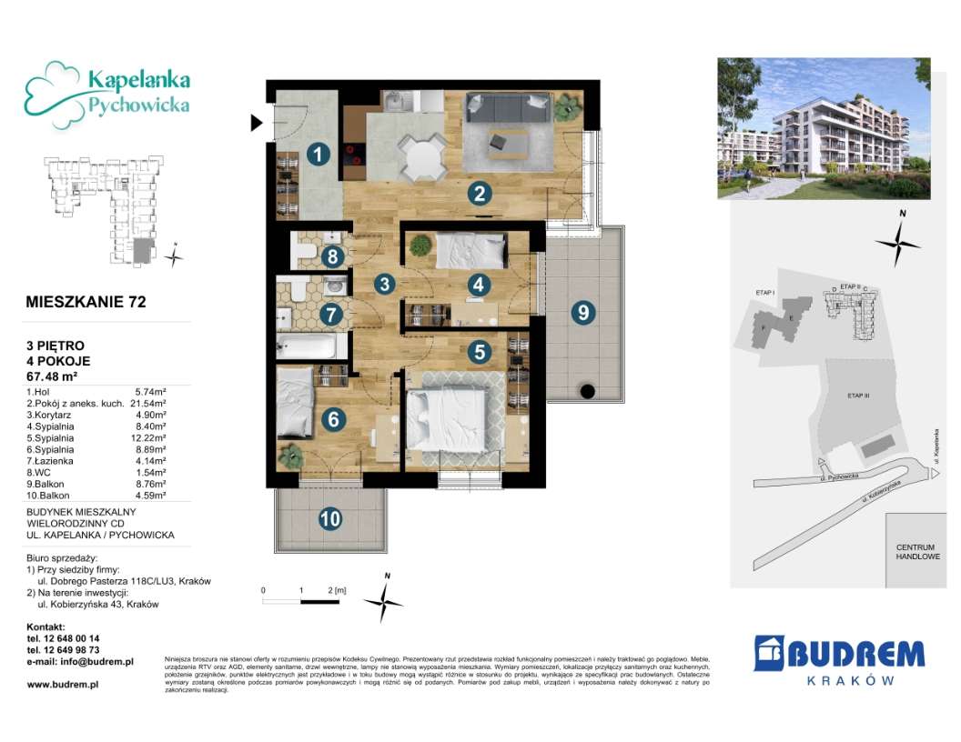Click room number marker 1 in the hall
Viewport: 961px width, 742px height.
pos(317,155)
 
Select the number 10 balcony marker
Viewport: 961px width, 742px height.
pos(330,519)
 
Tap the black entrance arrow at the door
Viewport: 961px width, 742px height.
pos(258,122)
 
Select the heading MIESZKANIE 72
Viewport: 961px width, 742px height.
pos(86,302)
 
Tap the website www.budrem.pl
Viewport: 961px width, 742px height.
pos(63,684)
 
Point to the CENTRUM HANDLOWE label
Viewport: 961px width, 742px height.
pos(916,551)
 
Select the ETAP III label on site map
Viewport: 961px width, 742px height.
pos(858,396)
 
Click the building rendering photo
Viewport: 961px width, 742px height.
pos(824,128)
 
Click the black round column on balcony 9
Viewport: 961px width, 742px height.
pos(587,392)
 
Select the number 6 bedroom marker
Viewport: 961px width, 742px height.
pos(334,419)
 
